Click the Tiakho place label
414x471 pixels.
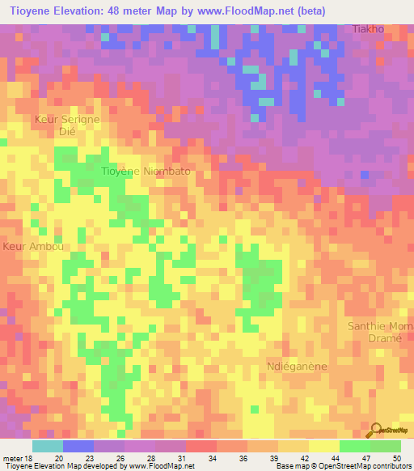pyautogui.click(x=369, y=29)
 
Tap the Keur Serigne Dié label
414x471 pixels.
pyautogui.click(x=67, y=126)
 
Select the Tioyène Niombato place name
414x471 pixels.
pyautogui.click(x=146, y=172)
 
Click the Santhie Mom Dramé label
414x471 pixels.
pyautogui.click(x=374, y=333)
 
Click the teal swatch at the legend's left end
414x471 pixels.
pyautogui.click(x=47, y=446)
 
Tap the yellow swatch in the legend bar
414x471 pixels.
pyautogui.click(x=323, y=446)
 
